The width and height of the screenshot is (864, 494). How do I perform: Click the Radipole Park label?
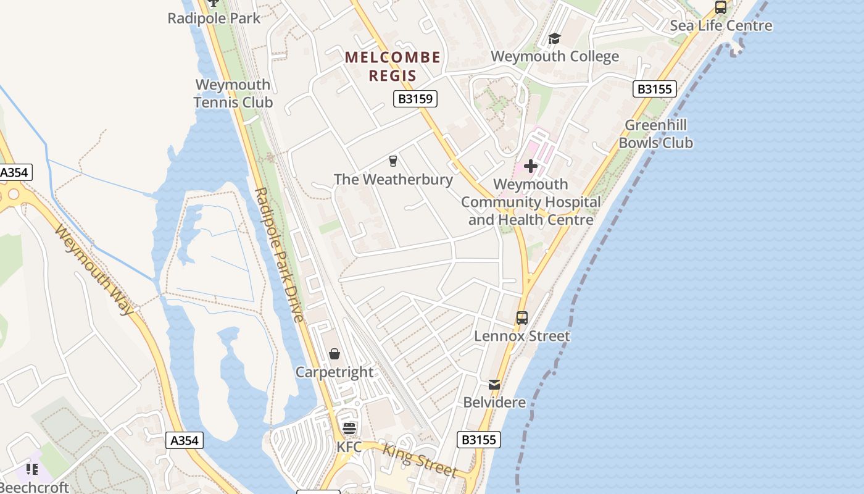tap(214, 19)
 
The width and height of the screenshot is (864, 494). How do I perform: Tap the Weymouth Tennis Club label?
tap(233, 93)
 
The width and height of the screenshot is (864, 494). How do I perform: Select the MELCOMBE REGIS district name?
tap(393, 67)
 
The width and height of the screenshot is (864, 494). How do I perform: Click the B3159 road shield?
tap(415, 99)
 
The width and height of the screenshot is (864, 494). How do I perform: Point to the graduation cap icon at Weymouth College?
tap(554, 39)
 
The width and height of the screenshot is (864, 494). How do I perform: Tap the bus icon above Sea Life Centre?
tap(720, 8)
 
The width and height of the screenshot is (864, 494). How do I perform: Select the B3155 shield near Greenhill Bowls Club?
tap(655, 89)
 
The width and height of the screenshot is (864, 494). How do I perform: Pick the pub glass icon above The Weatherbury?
tap(393, 162)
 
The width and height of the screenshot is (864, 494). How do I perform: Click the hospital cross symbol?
tap(531, 166)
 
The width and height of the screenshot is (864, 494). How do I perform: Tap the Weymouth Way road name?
tap(94, 269)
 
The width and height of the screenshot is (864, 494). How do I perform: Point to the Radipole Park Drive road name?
tap(280, 254)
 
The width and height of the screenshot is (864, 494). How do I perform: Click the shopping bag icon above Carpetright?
tap(334, 354)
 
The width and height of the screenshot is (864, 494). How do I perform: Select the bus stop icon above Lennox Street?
tap(522, 318)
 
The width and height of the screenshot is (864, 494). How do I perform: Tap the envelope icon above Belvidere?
tap(494, 384)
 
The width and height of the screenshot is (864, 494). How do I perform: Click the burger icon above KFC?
tap(349, 428)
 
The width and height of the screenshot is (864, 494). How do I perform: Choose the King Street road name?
tap(420, 460)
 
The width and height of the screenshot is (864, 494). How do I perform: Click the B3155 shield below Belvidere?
tap(479, 440)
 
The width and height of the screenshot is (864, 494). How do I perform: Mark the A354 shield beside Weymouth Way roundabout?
tap(15, 172)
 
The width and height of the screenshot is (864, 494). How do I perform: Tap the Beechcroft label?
tap(35, 487)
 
